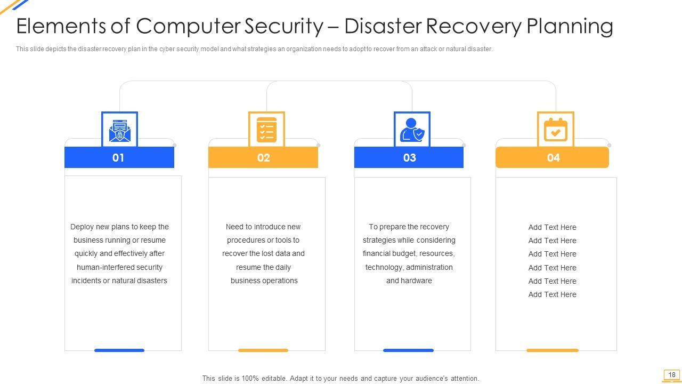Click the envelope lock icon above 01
(x=119, y=130)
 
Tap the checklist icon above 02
(x=266, y=130)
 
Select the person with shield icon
(x=412, y=130)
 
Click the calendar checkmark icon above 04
(x=555, y=130)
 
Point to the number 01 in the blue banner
(x=118, y=158)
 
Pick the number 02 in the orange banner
(x=264, y=158)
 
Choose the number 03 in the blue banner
(x=409, y=158)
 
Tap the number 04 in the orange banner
(x=553, y=158)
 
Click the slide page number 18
(x=672, y=375)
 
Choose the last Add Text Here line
(x=552, y=294)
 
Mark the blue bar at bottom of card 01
(x=119, y=350)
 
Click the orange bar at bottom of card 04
(x=553, y=350)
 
